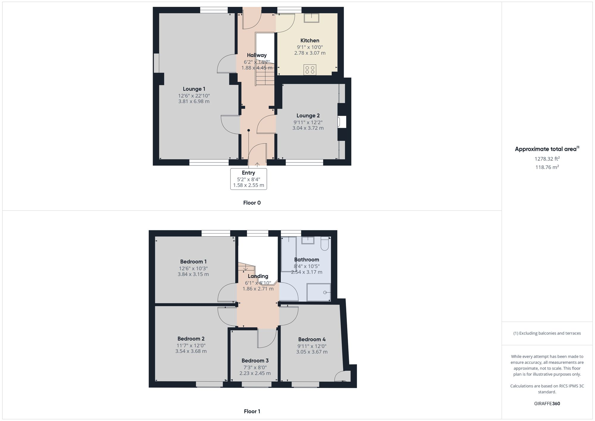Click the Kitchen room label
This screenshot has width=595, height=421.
click(310, 40)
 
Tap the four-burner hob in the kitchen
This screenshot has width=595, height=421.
click(310, 70)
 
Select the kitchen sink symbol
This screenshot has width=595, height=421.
click(311, 18)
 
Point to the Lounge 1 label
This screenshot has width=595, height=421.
click(194, 89)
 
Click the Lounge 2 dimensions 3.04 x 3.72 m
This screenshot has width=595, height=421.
click(308, 128)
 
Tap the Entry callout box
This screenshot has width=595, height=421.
click(248, 179)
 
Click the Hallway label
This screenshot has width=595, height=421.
click(257, 55)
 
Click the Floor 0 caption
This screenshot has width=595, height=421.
click(252, 203)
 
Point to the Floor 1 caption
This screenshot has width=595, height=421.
click(252, 411)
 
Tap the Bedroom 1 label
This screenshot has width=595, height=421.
click(193, 262)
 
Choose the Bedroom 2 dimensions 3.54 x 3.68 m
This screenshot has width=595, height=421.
click(191, 351)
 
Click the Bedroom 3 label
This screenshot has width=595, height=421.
click(255, 361)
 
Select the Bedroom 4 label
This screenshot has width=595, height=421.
click(312, 339)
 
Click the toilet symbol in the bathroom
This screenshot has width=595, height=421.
click(325, 244)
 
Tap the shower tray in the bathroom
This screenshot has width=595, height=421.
click(319, 292)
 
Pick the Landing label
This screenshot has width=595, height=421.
click(258, 276)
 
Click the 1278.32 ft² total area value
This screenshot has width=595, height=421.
click(547, 159)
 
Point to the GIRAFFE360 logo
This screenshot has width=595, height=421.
click(547, 404)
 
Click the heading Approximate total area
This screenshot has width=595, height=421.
click(546, 149)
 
